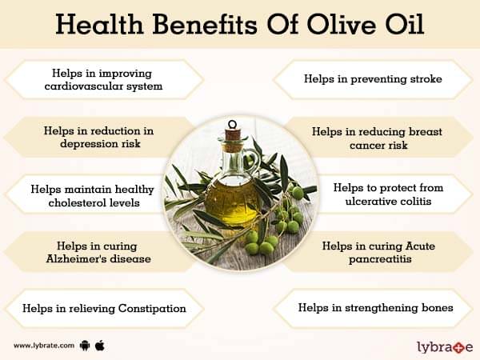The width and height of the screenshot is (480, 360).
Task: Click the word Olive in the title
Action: pos(341,24)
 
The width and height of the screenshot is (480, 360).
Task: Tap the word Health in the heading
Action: pos(99,24)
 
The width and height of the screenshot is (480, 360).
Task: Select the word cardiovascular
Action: pos(83,86)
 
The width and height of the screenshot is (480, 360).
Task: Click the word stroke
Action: pos(426,79)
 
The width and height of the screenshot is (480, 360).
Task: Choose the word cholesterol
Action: pos(79,202)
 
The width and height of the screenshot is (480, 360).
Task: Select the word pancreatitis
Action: pos(380,259)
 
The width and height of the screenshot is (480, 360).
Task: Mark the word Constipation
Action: pos(152,309)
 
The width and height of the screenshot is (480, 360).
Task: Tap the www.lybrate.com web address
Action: pos(44,346)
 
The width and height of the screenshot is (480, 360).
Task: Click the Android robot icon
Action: pos(85,346)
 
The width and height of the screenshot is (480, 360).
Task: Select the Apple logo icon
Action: pos(100,346)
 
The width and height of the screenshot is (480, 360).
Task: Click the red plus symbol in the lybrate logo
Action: pos(458,347)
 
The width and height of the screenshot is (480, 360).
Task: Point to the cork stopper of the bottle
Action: pos(233,139)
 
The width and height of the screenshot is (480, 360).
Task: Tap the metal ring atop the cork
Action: pos(232,124)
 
